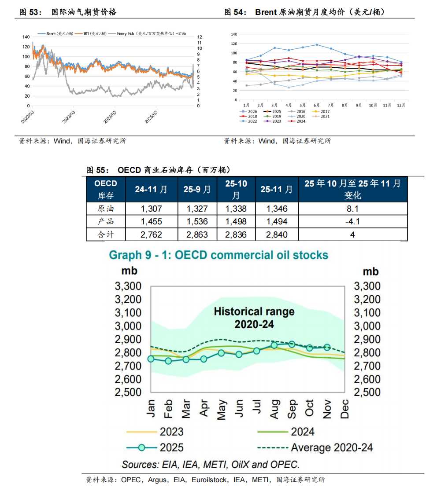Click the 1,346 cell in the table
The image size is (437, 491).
277,209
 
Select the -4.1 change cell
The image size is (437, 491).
352,221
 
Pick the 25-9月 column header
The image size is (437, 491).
197,190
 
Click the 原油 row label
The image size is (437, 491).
106,209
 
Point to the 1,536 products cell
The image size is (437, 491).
197,221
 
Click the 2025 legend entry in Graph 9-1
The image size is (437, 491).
171,448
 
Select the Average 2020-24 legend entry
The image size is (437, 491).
332,448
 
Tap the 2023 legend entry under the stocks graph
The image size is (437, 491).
171,432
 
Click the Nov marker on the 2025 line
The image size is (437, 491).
327,347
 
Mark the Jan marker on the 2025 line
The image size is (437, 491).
151,359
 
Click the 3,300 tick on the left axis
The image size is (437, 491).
128,286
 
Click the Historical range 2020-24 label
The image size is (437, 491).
254,318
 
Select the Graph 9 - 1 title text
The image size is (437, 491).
218,255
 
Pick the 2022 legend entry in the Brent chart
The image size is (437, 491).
253,121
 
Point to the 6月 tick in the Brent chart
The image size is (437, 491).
316,106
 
